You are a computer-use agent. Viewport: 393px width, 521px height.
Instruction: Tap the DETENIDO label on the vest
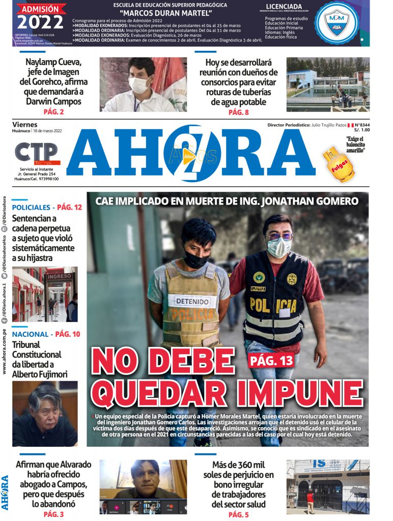tap(192, 301)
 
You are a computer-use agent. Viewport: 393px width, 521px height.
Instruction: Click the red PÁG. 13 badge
tap(272, 361)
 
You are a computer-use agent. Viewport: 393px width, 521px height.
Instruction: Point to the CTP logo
tap(37, 153)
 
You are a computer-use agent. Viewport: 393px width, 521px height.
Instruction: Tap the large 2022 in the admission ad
tap(40, 22)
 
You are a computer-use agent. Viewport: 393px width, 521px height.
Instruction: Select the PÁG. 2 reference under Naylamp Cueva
tap(53, 112)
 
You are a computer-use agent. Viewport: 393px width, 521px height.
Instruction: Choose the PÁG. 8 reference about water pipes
tap(238, 112)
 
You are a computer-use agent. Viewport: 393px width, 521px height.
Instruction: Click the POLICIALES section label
tap(32, 208)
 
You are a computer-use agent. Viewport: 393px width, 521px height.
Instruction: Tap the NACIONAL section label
tap(31, 334)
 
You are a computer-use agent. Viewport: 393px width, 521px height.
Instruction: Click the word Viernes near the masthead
tap(25, 125)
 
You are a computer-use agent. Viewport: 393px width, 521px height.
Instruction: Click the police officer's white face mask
tap(279, 247)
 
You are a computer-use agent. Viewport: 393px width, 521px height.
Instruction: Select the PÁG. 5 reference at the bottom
tap(238, 514)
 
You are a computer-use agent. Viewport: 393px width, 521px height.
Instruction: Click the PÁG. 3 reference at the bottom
tap(53, 514)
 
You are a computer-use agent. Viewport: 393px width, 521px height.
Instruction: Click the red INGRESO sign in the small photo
tap(59, 276)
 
